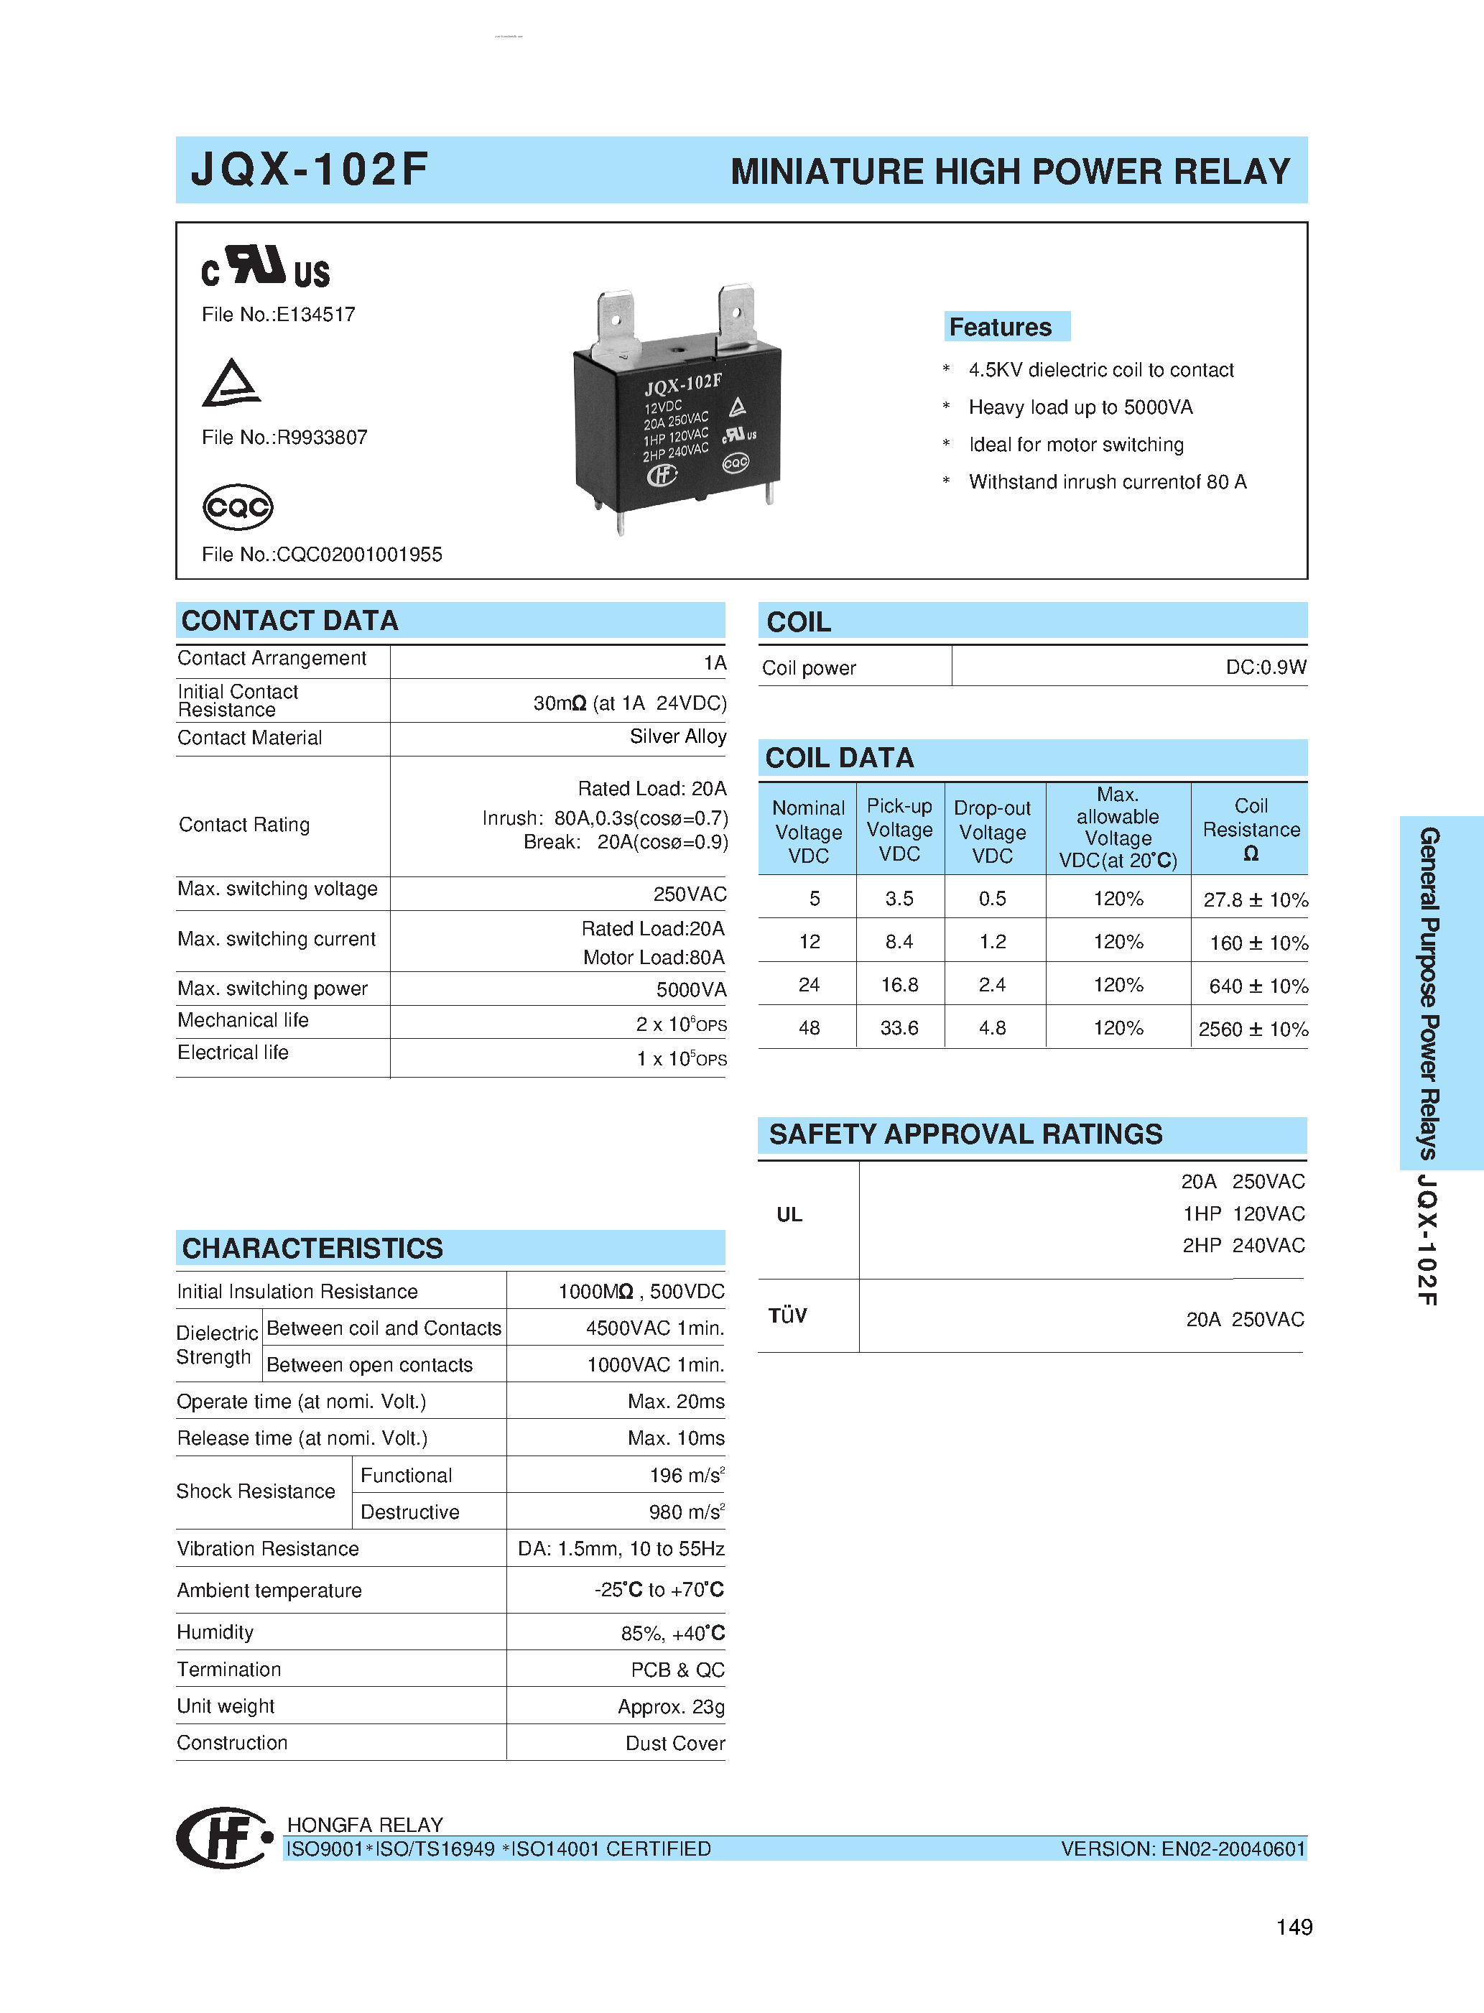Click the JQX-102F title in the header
point(309,170)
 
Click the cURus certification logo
point(265,267)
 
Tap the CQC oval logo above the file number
point(237,507)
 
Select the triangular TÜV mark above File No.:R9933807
point(231,384)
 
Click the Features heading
point(1000,327)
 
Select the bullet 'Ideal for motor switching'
point(1075,445)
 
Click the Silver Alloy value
point(677,736)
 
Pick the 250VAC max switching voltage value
point(689,894)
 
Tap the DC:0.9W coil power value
point(1265,667)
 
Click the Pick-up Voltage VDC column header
point(899,829)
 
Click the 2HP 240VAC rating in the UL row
point(1243,1246)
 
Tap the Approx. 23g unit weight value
point(670,1707)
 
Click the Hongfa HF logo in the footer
point(225,1838)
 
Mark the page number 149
point(1294,1927)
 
